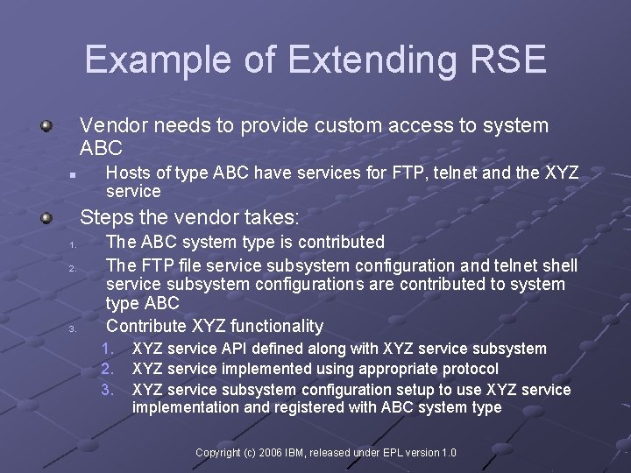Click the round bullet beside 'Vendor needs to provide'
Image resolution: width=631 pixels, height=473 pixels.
[x=46, y=126]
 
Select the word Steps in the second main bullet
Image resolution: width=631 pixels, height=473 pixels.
[x=103, y=215]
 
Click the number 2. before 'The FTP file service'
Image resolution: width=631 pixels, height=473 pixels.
[x=50, y=267]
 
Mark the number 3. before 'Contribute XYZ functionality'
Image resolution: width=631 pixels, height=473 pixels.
[x=50, y=329]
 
